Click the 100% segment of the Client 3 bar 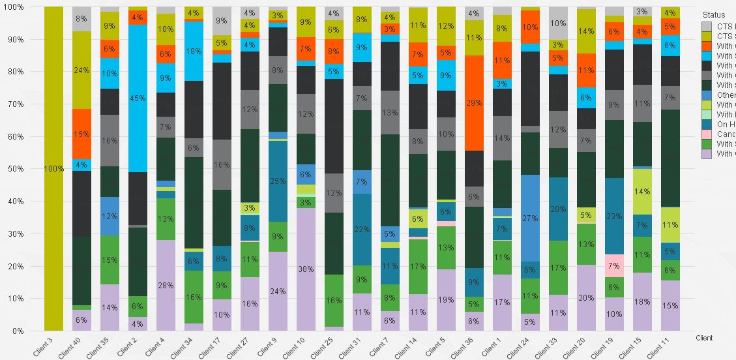click(x=53, y=168)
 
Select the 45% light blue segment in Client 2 click(x=138, y=98)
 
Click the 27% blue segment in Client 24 click(x=530, y=218)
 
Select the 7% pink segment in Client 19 click(x=614, y=265)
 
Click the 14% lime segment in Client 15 click(x=642, y=192)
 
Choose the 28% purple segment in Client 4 click(x=166, y=285)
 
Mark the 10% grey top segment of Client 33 click(x=558, y=23)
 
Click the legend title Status click(x=713, y=14)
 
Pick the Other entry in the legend click(x=726, y=95)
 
